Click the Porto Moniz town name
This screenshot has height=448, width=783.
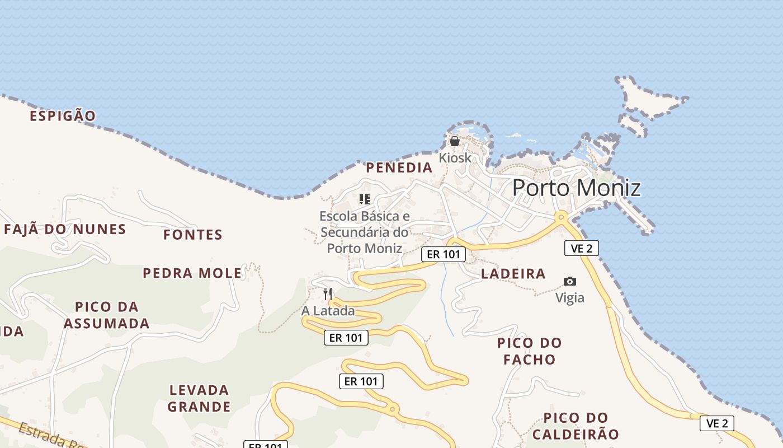(x=576, y=188)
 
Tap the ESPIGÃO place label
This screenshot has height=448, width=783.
(x=63, y=116)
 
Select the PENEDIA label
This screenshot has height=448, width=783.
(x=399, y=167)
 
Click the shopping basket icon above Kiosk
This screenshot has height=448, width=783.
(x=455, y=141)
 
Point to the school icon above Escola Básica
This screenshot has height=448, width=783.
(x=365, y=199)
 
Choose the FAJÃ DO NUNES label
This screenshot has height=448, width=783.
(x=65, y=229)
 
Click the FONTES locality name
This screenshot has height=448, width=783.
(x=193, y=235)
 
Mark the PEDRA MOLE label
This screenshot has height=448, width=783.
(x=192, y=273)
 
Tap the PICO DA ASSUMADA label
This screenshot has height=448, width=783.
(x=106, y=315)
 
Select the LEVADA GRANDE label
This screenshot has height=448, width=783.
(x=199, y=398)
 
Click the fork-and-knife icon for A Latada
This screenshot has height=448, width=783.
(x=328, y=293)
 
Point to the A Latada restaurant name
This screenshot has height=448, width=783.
(x=328, y=311)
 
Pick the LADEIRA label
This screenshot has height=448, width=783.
(x=513, y=274)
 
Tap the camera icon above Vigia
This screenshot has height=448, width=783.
(x=570, y=281)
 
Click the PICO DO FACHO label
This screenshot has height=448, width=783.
(x=529, y=351)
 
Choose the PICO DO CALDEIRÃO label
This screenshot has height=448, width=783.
(x=576, y=426)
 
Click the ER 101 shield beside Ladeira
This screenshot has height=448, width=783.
(x=443, y=254)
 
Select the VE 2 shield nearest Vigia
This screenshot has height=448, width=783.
(x=581, y=248)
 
